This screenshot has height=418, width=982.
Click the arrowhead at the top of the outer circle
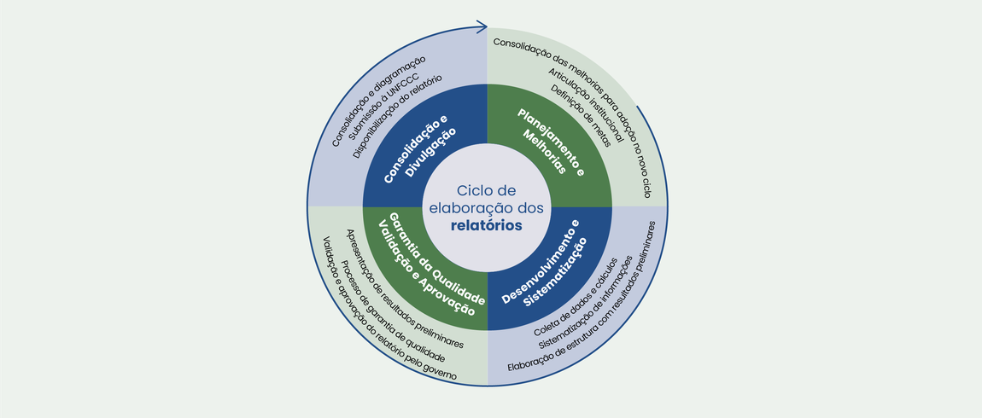[482, 27]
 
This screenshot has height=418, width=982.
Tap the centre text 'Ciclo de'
[487, 190]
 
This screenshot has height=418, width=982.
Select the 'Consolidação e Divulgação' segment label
[420, 147]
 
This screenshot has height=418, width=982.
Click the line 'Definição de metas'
[581, 116]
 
